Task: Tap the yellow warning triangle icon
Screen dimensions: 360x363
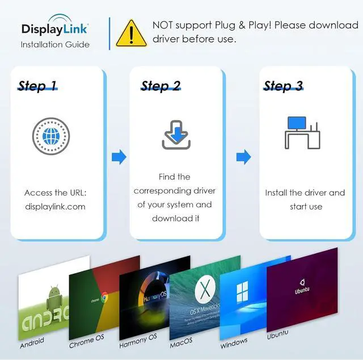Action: coord(131,33)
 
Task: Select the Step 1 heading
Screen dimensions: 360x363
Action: coord(37,86)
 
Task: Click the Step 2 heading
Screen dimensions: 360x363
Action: coord(161,86)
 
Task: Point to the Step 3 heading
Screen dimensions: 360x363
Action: coord(283,86)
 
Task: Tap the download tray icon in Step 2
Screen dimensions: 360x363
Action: coord(176,136)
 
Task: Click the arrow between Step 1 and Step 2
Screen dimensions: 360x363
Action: coord(119,157)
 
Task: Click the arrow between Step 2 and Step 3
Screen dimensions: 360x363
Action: coord(243,157)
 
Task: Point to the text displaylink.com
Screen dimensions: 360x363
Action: coord(55,207)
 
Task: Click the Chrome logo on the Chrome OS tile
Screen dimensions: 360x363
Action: coord(104,297)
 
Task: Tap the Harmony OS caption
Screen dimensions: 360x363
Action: coord(138,341)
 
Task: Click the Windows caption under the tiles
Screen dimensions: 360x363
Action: coord(234,341)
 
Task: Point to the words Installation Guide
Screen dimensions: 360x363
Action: coord(55,44)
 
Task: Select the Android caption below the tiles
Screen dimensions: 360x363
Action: coord(32,343)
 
